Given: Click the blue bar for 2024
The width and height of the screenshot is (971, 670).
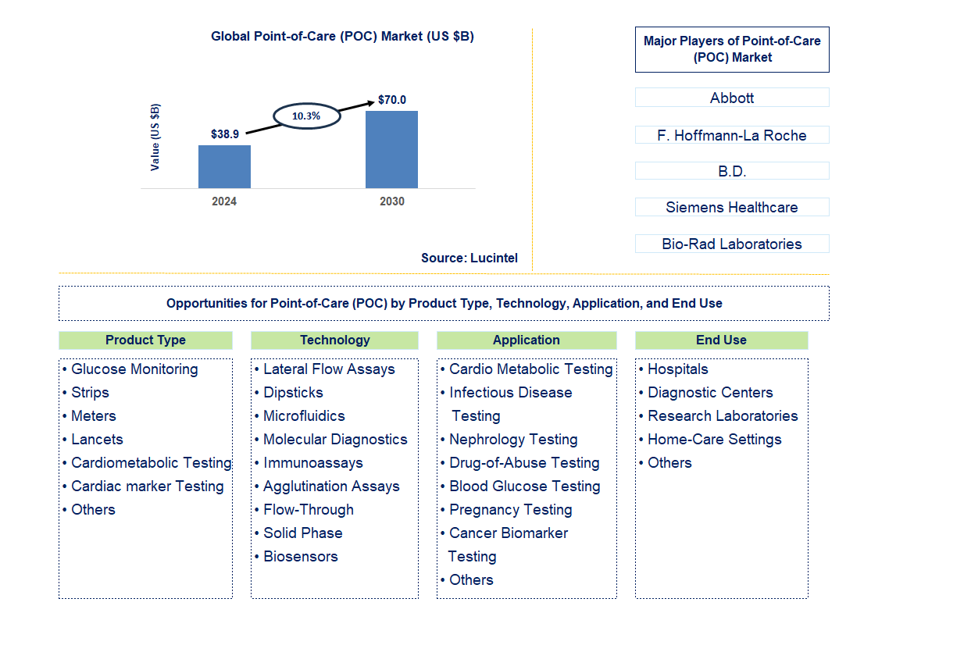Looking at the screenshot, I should [x=224, y=166].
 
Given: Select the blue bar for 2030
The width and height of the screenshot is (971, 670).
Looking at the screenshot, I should [x=391, y=149].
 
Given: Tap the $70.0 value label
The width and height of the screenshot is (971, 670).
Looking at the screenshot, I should [x=392, y=100].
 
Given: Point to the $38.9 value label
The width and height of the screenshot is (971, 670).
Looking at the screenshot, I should [x=225, y=134].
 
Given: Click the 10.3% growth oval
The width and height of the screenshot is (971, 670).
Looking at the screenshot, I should [x=306, y=116].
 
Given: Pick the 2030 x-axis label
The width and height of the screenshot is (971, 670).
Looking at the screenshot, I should [x=392, y=201].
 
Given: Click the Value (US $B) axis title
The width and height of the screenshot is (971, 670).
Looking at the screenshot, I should [x=155, y=137].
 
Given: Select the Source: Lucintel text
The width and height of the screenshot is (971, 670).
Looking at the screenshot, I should [x=469, y=258].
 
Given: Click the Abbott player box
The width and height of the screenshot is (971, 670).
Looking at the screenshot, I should [x=732, y=98].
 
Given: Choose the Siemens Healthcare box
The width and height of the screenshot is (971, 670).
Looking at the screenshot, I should [x=732, y=207].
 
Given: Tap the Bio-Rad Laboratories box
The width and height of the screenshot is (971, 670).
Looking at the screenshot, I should [x=732, y=244].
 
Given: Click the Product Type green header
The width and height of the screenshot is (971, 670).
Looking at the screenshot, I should [x=145, y=340].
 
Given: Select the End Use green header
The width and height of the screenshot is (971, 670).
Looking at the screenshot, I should [x=721, y=340].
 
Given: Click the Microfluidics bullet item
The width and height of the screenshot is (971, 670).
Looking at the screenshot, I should [x=304, y=416].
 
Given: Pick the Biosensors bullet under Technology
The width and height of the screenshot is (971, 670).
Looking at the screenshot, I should [x=301, y=557].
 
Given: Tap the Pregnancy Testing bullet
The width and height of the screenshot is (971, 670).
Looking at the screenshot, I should [x=510, y=510].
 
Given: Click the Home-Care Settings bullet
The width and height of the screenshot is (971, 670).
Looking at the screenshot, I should [x=714, y=440].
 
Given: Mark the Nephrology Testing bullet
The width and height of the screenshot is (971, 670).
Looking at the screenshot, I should [x=513, y=440].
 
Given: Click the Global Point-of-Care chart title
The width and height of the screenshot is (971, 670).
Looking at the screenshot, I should [x=342, y=37].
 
